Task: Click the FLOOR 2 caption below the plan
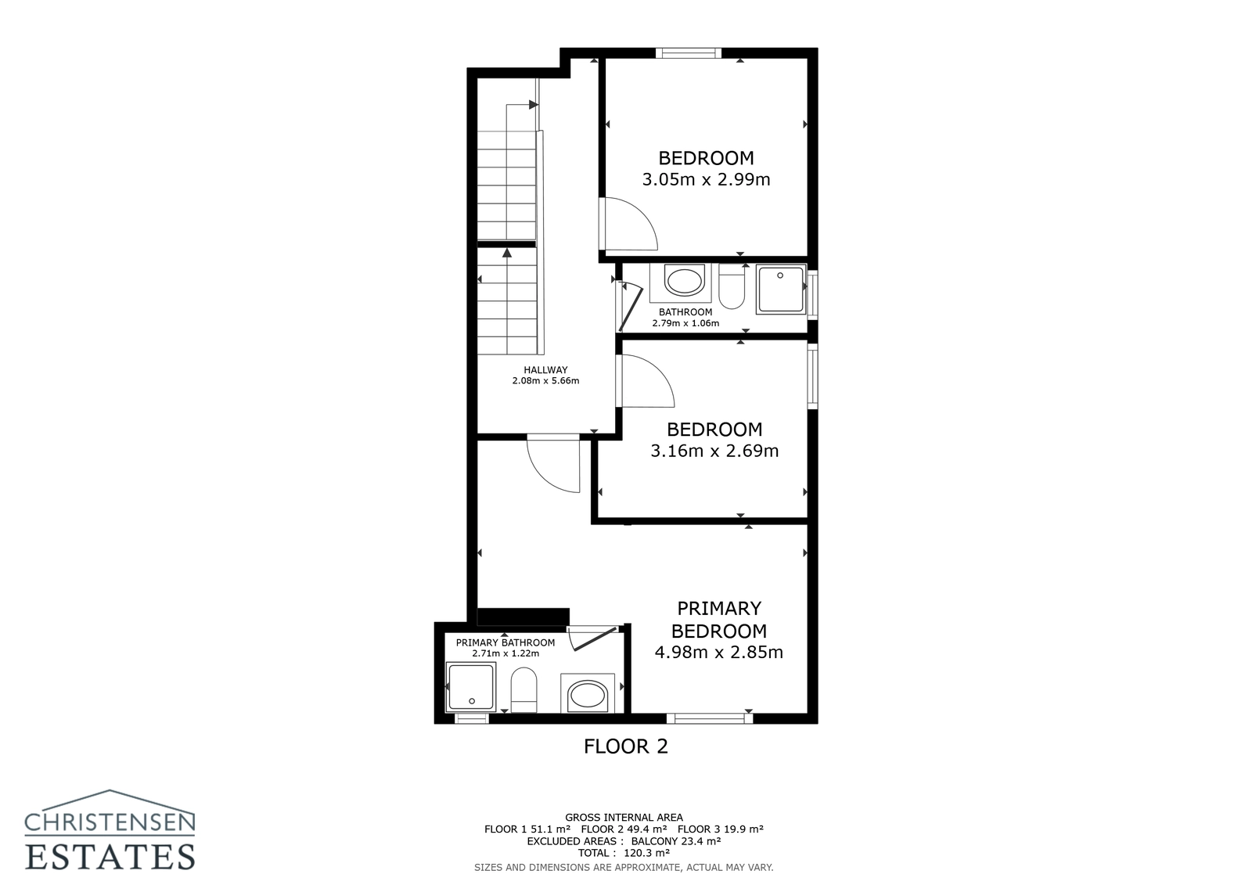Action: coord(626,746)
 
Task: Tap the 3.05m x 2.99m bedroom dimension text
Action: coord(706,180)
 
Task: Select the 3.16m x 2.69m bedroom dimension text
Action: coord(714,451)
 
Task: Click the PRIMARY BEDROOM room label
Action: coord(718,620)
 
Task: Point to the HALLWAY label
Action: coord(545,370)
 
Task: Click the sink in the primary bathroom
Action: coord(587,694)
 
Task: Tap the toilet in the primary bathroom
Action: coord(523,689)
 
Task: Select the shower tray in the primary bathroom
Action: coord(470,687)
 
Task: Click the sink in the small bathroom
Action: coord(682,282)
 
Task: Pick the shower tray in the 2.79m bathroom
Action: coord(780,290)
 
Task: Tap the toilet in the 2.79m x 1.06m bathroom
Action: coord(732,288)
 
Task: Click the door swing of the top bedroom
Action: coord(629,225)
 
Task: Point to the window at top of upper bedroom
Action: coord(688,53)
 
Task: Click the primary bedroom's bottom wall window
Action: coord(709,717)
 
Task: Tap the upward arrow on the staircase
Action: coord(507,252)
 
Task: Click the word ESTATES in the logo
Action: coord(110,856)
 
